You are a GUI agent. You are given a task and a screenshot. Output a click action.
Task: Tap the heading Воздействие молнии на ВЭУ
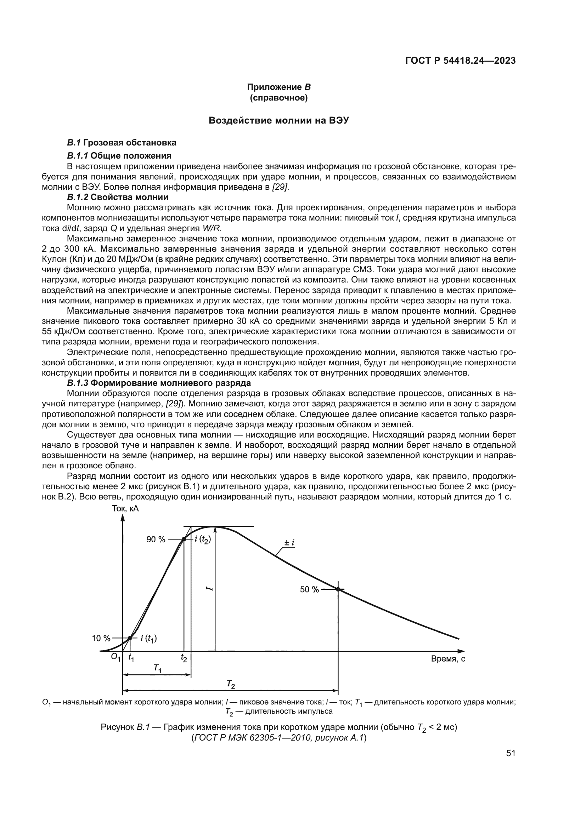point(279,120)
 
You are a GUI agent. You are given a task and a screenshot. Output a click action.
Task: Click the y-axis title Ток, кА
point(125,509)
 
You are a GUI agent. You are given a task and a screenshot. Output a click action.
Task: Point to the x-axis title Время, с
point(448,659)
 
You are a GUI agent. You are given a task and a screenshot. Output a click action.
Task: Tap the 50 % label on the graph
point(309,590)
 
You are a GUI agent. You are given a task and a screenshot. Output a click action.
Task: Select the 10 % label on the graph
point(101,638)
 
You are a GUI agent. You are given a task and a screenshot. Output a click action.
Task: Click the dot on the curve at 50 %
point(338,589)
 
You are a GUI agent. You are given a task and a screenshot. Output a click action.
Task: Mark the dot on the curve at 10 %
point(130,638)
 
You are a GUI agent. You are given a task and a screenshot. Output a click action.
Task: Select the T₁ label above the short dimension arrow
point(158,668)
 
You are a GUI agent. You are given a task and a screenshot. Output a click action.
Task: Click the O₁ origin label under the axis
point(115,657)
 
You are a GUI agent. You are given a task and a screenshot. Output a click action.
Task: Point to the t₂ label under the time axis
point(184,658)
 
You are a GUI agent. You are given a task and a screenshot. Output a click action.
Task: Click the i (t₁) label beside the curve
point(149,639)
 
